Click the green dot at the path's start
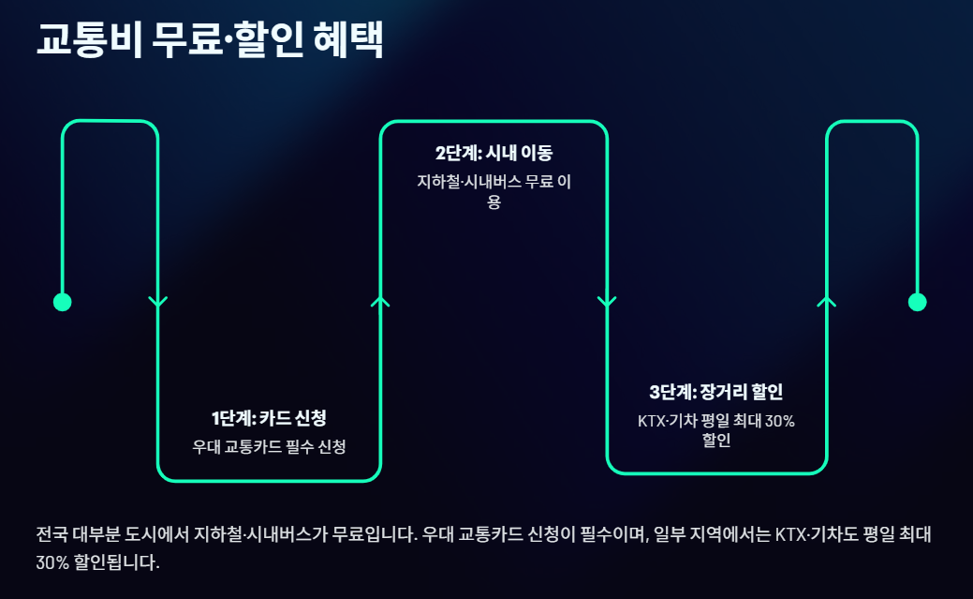63,302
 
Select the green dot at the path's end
918,302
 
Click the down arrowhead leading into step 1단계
157,302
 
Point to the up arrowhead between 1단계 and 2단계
380,301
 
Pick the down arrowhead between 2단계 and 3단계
607,302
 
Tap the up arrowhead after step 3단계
826,301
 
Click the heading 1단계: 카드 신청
269,417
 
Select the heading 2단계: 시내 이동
494,154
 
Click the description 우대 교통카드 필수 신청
269,446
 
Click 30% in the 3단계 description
779,421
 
